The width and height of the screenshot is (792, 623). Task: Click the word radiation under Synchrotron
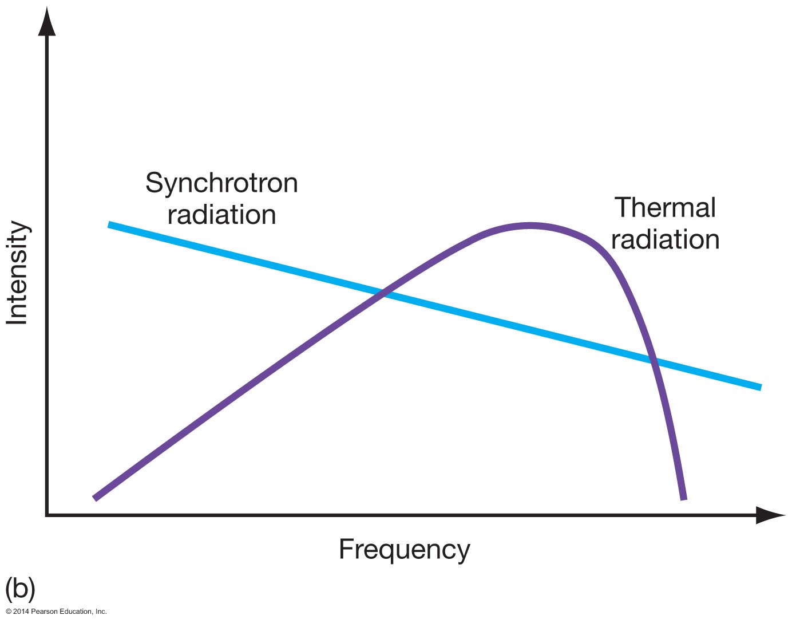click(222, 215)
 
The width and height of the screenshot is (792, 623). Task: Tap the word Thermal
click(664, 207)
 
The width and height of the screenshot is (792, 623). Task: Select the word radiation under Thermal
click(665, 239)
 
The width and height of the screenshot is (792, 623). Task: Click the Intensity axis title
click(17, 273)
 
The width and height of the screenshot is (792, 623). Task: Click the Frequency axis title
click(404, 549)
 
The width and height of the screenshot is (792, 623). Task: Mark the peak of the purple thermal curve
click(530, 226)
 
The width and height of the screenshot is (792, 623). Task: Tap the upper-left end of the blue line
click(110, 225)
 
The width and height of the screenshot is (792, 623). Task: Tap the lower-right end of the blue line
click(760, 387)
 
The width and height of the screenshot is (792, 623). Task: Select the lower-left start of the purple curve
click(96, 498)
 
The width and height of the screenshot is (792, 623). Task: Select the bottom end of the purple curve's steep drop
click(683, 498)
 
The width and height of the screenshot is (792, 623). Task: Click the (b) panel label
click(20, 588)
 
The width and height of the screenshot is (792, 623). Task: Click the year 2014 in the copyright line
click(21, 612)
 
